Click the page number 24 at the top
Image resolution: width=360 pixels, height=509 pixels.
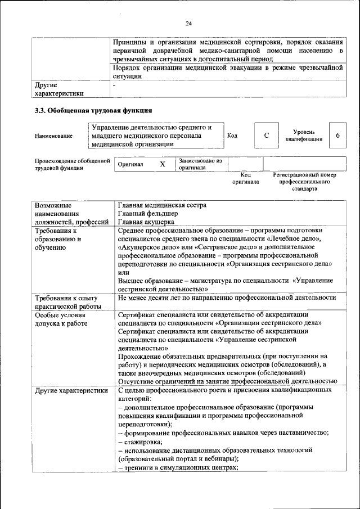188,23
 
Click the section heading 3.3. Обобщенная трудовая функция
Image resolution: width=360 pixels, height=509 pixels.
93,110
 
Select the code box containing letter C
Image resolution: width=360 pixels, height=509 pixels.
267,136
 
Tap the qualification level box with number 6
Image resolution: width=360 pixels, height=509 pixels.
337,136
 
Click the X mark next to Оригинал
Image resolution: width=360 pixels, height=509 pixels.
163,164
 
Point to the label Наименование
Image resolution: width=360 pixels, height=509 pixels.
53,136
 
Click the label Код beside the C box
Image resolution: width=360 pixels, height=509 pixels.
232,136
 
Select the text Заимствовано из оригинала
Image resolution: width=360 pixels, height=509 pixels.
200,164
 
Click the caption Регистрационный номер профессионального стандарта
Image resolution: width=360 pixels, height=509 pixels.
304,182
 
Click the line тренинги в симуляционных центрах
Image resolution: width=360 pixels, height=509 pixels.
178,467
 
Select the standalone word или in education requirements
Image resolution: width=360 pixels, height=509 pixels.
124,272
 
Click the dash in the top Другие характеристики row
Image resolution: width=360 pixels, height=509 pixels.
114,85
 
